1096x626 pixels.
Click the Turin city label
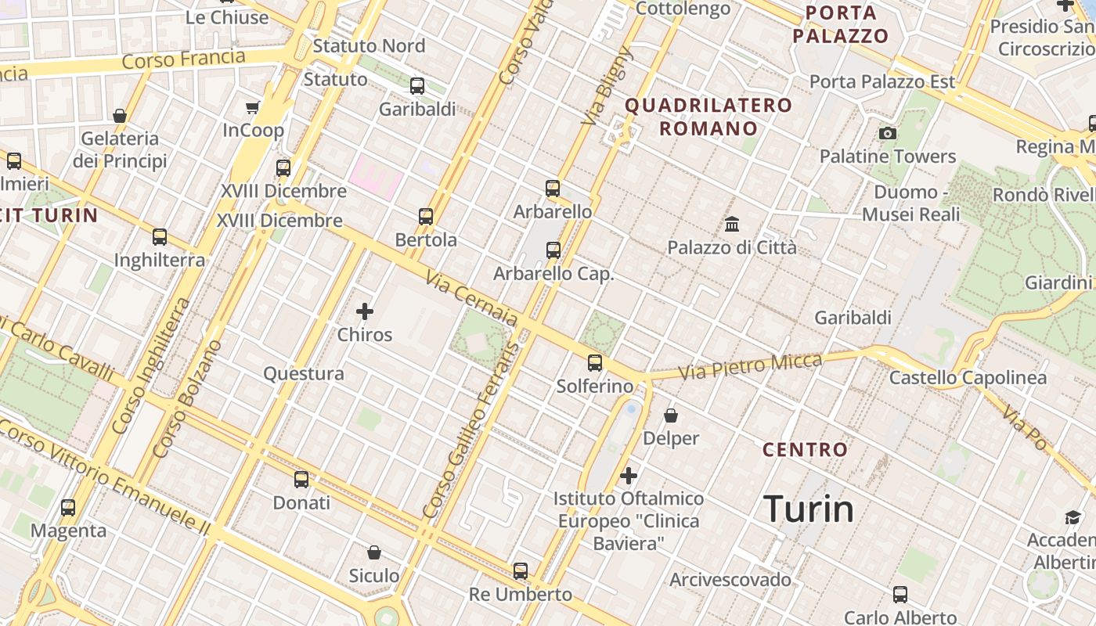click(809, 509)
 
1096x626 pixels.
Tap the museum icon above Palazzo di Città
click(732, 225)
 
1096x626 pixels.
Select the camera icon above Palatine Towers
click(887, 133)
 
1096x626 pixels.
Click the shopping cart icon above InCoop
click(252, 107)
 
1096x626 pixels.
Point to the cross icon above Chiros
click(365, 311)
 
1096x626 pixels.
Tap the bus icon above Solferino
click(595, 363)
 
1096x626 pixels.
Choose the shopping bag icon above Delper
click(671, 415)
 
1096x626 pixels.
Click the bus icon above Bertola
click(426, 216)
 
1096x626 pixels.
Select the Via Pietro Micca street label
click(750, 366)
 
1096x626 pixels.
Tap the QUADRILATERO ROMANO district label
click(708, 117)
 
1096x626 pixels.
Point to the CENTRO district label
click(805, 450)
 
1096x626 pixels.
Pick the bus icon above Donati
click(301, 479)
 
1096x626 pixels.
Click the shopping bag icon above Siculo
click(374, 552)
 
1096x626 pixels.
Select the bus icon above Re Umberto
click(521, 571)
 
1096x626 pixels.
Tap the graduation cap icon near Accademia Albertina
click(1073, 517)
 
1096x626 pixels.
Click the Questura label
click(304, 374)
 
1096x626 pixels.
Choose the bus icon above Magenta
click(68, 507)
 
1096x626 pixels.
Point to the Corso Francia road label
click(184, 59)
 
